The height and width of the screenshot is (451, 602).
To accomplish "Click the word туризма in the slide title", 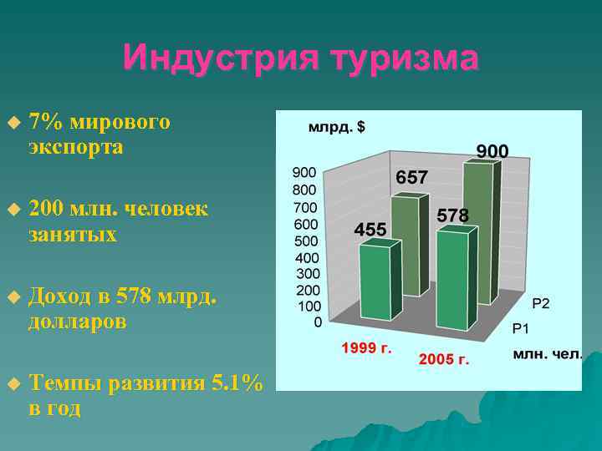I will pos(405,58).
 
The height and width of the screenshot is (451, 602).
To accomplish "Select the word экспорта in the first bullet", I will pos(75,147).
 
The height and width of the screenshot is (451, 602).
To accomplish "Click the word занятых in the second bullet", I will pos(72,235).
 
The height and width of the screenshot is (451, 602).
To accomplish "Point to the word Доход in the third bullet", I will pos(59,296).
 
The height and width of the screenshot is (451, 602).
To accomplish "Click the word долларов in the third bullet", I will pos(77,322).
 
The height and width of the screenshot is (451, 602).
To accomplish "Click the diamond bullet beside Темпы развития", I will pos(12,383).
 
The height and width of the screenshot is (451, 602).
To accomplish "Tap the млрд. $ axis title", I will pos(337,128).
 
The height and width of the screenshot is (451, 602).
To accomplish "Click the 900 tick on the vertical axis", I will pos(304,172).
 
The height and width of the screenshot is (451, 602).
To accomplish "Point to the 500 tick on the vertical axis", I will pos(304,241).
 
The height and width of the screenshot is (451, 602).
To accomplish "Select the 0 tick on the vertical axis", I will pos(318,322).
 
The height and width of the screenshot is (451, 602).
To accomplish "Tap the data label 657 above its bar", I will pos(411,178).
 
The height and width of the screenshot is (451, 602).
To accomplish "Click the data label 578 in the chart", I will pos(452,215).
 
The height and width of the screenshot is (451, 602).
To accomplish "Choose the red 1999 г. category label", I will pos(366,347).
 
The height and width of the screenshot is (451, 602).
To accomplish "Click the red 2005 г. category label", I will pos(444,360).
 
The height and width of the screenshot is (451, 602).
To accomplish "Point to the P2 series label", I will pos(541,303).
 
